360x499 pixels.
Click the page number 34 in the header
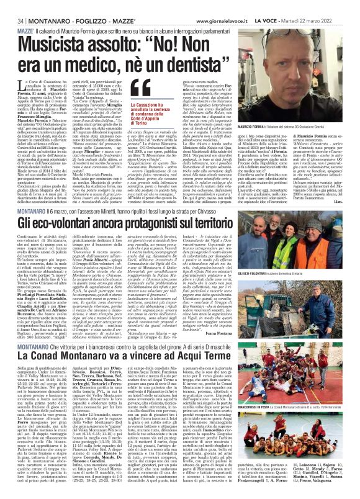tap(12, 5)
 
